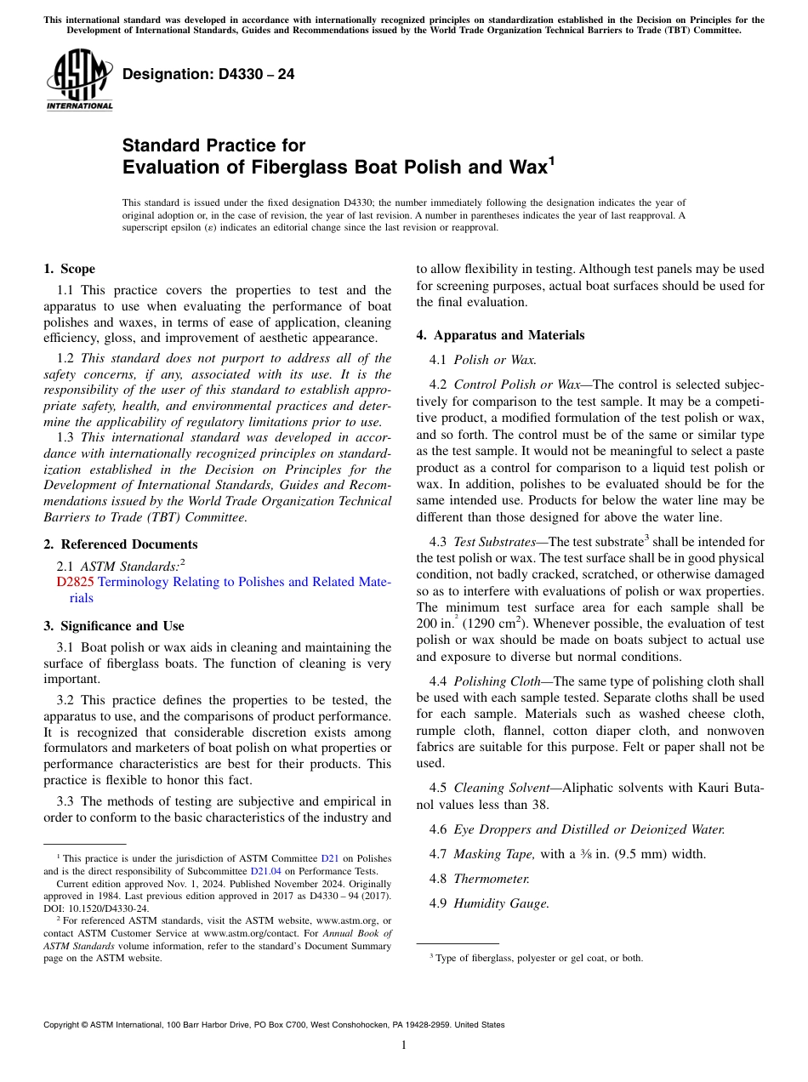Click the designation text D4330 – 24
point(208,74)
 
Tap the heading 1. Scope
point(70,269)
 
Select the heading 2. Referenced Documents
point(121,544)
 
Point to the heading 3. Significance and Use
point(114,626)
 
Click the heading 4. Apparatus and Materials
point(500,335)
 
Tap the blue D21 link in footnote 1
point(329,859)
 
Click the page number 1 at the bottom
point(404,1045)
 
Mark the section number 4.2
point(438,384)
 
